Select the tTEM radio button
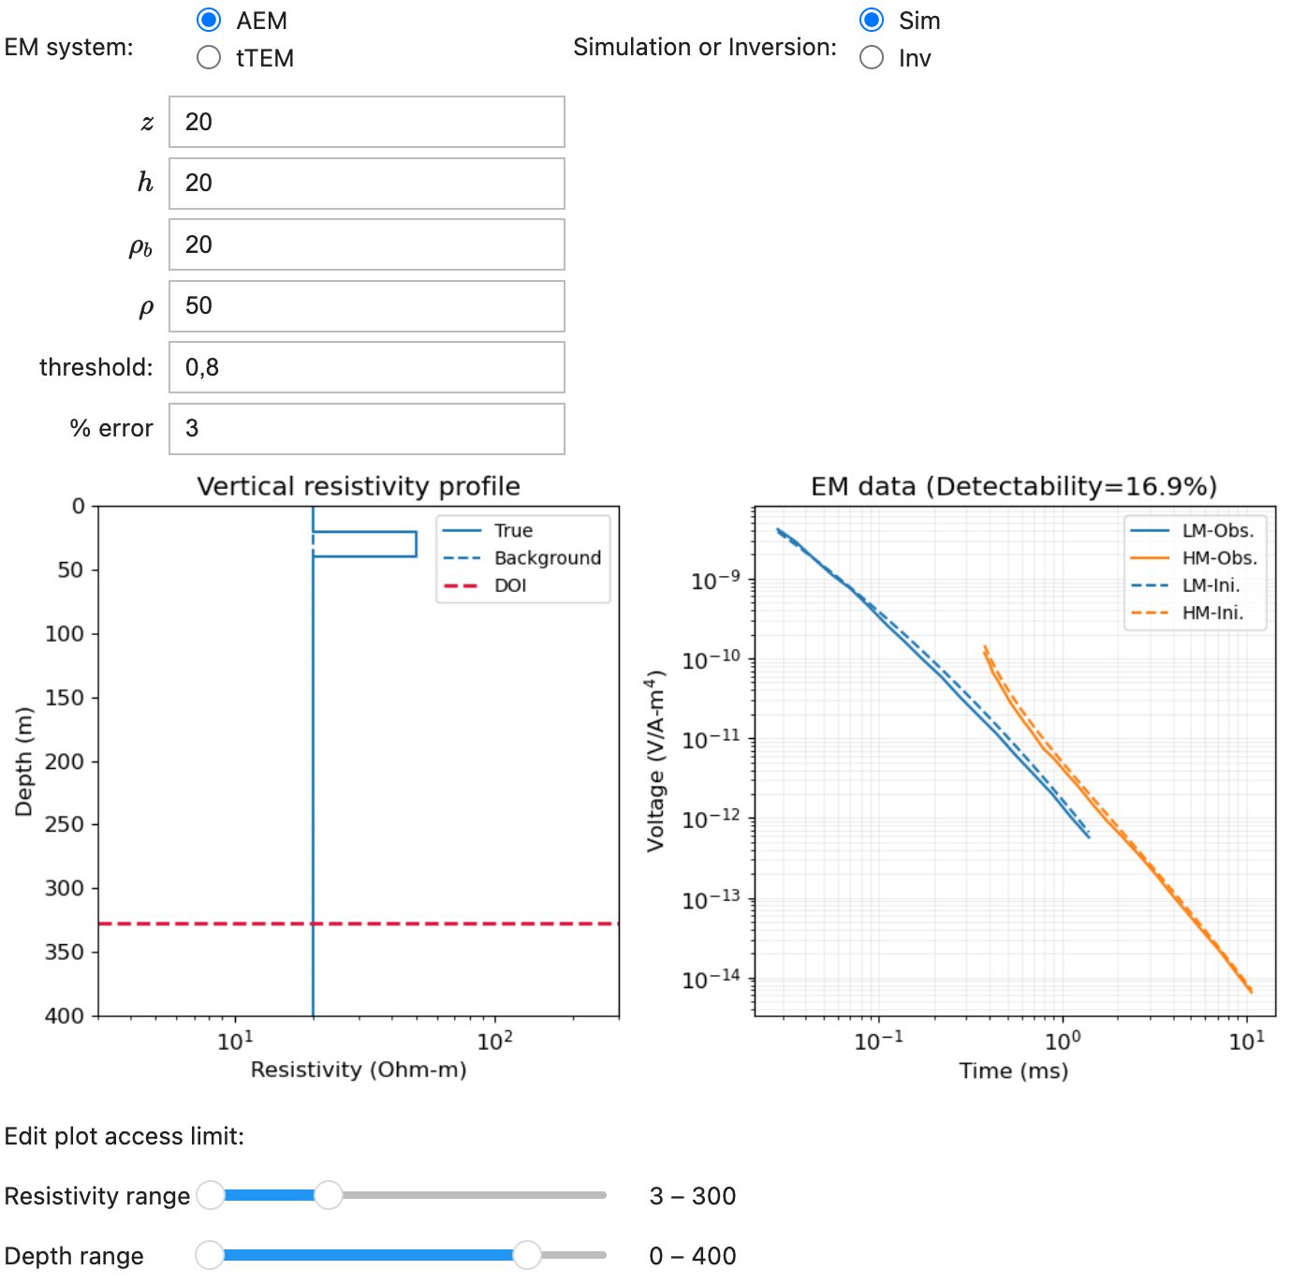[x=209, y=58]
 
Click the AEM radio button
[x=209, y=20]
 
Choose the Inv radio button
[x=872, y=58]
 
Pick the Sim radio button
[x=872, y=20]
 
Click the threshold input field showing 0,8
[x=366, y=367]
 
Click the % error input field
[x=366, y=428]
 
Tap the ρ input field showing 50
[x=366, y=305]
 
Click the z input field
[x=366, y=122]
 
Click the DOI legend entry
[x=510, y=585]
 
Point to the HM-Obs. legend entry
[x=1219, y=558]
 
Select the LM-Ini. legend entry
[x=1211, y=585]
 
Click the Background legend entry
[x=547, y=558]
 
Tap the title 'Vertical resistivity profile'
[x=359, y=486]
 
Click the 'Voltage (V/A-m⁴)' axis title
[x=656, y=761]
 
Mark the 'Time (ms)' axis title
[x=1013, y=1071]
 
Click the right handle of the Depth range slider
[x=527, y=1255]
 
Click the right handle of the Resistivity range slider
[x=329, y=1195]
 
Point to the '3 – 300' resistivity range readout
[x=693, y=1196]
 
